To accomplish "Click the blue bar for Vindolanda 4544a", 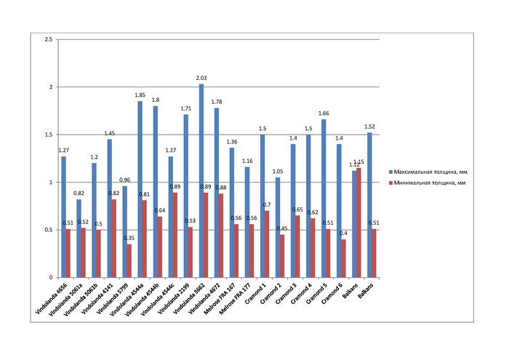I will pyautogui.click(x=140, y=189).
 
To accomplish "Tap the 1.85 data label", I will pyautogui.click(x=140, y=95).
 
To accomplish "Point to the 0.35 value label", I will pyautogui.click(x=129, y=239).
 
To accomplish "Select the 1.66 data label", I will pyautogui.click(x=324, y=113).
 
